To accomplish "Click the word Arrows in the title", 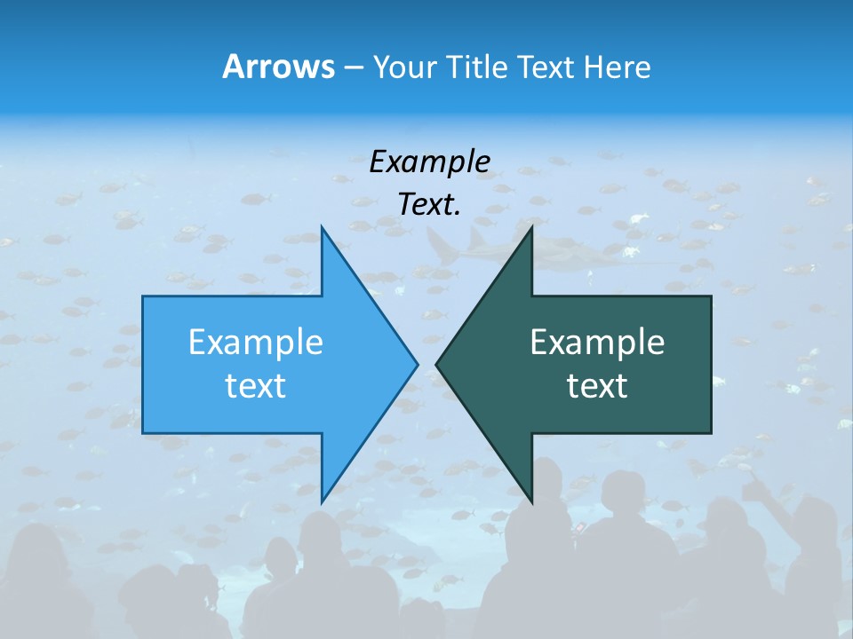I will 278,67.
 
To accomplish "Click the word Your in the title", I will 405,67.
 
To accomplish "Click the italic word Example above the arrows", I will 429,162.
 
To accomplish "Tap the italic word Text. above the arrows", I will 429,204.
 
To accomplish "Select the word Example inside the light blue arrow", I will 256,342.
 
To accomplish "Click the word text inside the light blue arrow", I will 256,385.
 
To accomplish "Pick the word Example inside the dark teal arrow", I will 597,342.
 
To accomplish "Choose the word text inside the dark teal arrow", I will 597,385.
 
